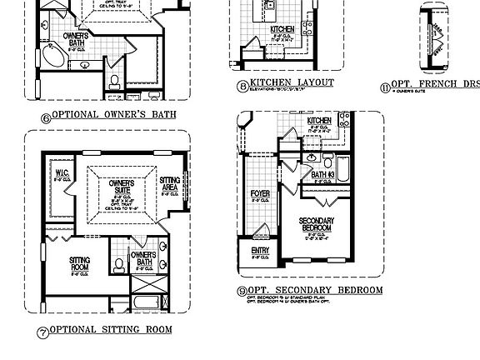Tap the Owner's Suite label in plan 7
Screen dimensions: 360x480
[121, 186]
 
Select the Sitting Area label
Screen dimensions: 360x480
[170, 183]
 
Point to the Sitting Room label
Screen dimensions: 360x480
[80, 263]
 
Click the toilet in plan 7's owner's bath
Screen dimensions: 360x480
[118, 264]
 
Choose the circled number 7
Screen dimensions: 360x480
[43, 332]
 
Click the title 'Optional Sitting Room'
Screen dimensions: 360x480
[112, 330]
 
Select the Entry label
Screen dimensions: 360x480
[259, 252]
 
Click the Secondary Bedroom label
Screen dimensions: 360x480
[317, 225]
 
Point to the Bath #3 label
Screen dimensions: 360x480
[323, 175]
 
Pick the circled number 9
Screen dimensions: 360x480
[242, 292]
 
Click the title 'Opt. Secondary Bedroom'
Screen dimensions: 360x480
[315, 290]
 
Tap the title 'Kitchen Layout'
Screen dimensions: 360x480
[292, 82]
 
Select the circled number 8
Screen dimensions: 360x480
[242, 85]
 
